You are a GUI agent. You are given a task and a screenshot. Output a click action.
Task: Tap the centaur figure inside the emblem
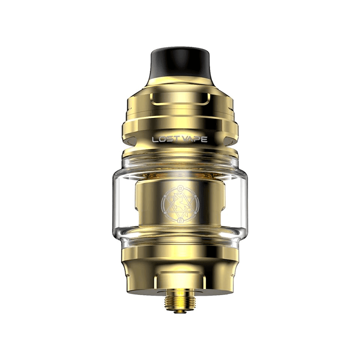click(x=179, y=204)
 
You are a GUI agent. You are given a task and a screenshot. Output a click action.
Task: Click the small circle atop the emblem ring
click(x=180, y=188)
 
